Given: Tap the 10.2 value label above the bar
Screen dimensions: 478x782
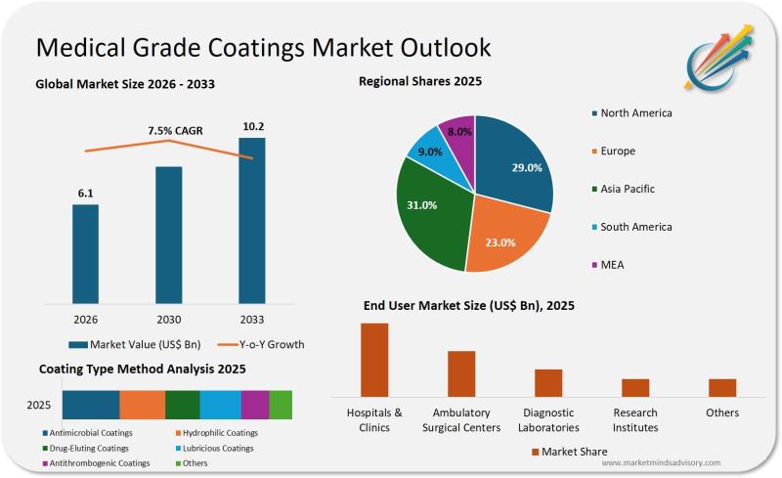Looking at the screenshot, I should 252,126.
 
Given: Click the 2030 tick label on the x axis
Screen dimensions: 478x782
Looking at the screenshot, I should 169,319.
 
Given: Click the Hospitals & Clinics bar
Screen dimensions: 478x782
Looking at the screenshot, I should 374,359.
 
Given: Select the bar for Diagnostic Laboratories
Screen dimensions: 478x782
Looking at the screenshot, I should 548,382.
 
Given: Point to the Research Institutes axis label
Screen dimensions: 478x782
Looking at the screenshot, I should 634,420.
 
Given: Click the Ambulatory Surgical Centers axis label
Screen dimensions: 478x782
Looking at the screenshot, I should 461,420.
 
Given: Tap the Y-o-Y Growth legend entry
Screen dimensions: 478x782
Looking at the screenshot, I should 259,344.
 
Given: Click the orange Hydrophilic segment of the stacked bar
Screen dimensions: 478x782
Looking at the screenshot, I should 143,405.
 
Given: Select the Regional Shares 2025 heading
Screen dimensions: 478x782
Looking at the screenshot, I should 420,81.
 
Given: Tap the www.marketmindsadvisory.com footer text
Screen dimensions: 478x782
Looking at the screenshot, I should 661,462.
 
